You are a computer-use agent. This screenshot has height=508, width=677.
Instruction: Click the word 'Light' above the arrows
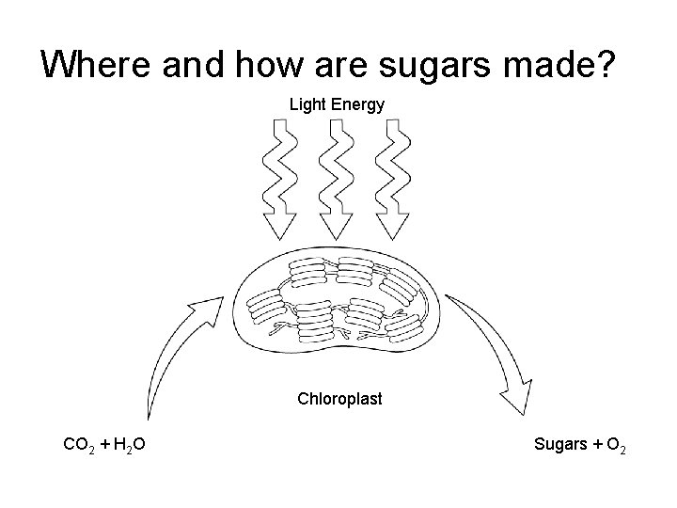(x=307, y=104)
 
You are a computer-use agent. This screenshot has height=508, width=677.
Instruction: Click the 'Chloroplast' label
(x=339, y=399)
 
